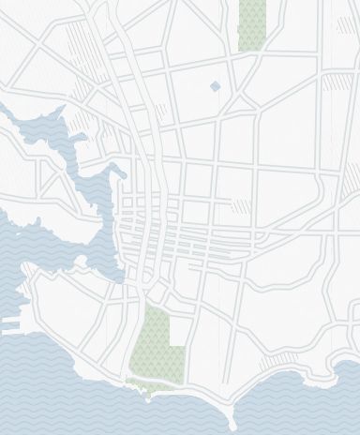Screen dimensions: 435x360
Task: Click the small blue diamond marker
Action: point(216,86)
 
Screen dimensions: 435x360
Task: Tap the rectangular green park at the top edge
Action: point(251,23)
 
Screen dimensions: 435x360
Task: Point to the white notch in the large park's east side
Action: point(173,330)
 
